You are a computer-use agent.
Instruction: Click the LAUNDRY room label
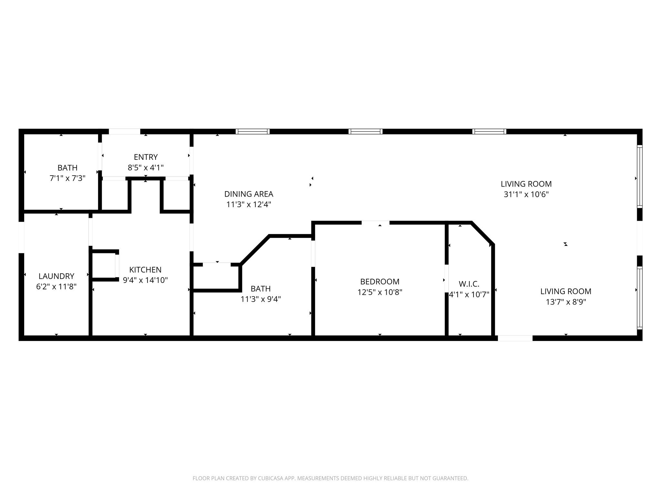56,276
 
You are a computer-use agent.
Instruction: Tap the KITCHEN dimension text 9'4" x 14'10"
145,280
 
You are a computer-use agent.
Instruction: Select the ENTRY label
146,157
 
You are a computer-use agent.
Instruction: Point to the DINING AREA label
249,194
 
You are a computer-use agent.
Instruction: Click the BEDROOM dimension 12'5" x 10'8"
380,292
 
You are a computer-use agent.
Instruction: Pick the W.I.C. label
469,284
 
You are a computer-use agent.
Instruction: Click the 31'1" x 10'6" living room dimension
526,194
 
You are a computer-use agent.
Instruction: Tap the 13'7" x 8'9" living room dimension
566,302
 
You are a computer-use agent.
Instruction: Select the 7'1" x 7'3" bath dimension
67,178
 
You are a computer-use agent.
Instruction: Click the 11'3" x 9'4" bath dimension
260,299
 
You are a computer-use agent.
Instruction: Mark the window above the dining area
252,131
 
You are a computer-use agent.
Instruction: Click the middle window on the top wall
365,131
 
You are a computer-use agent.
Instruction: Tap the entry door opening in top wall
124,131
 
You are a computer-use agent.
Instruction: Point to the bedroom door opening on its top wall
375,223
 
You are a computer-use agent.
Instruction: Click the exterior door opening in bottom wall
515,338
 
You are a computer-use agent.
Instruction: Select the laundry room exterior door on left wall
21,238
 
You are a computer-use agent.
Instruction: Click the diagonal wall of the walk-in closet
483,233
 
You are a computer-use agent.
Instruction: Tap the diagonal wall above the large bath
255,250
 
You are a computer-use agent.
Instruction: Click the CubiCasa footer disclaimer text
330,478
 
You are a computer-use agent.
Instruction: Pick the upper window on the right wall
639,176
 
